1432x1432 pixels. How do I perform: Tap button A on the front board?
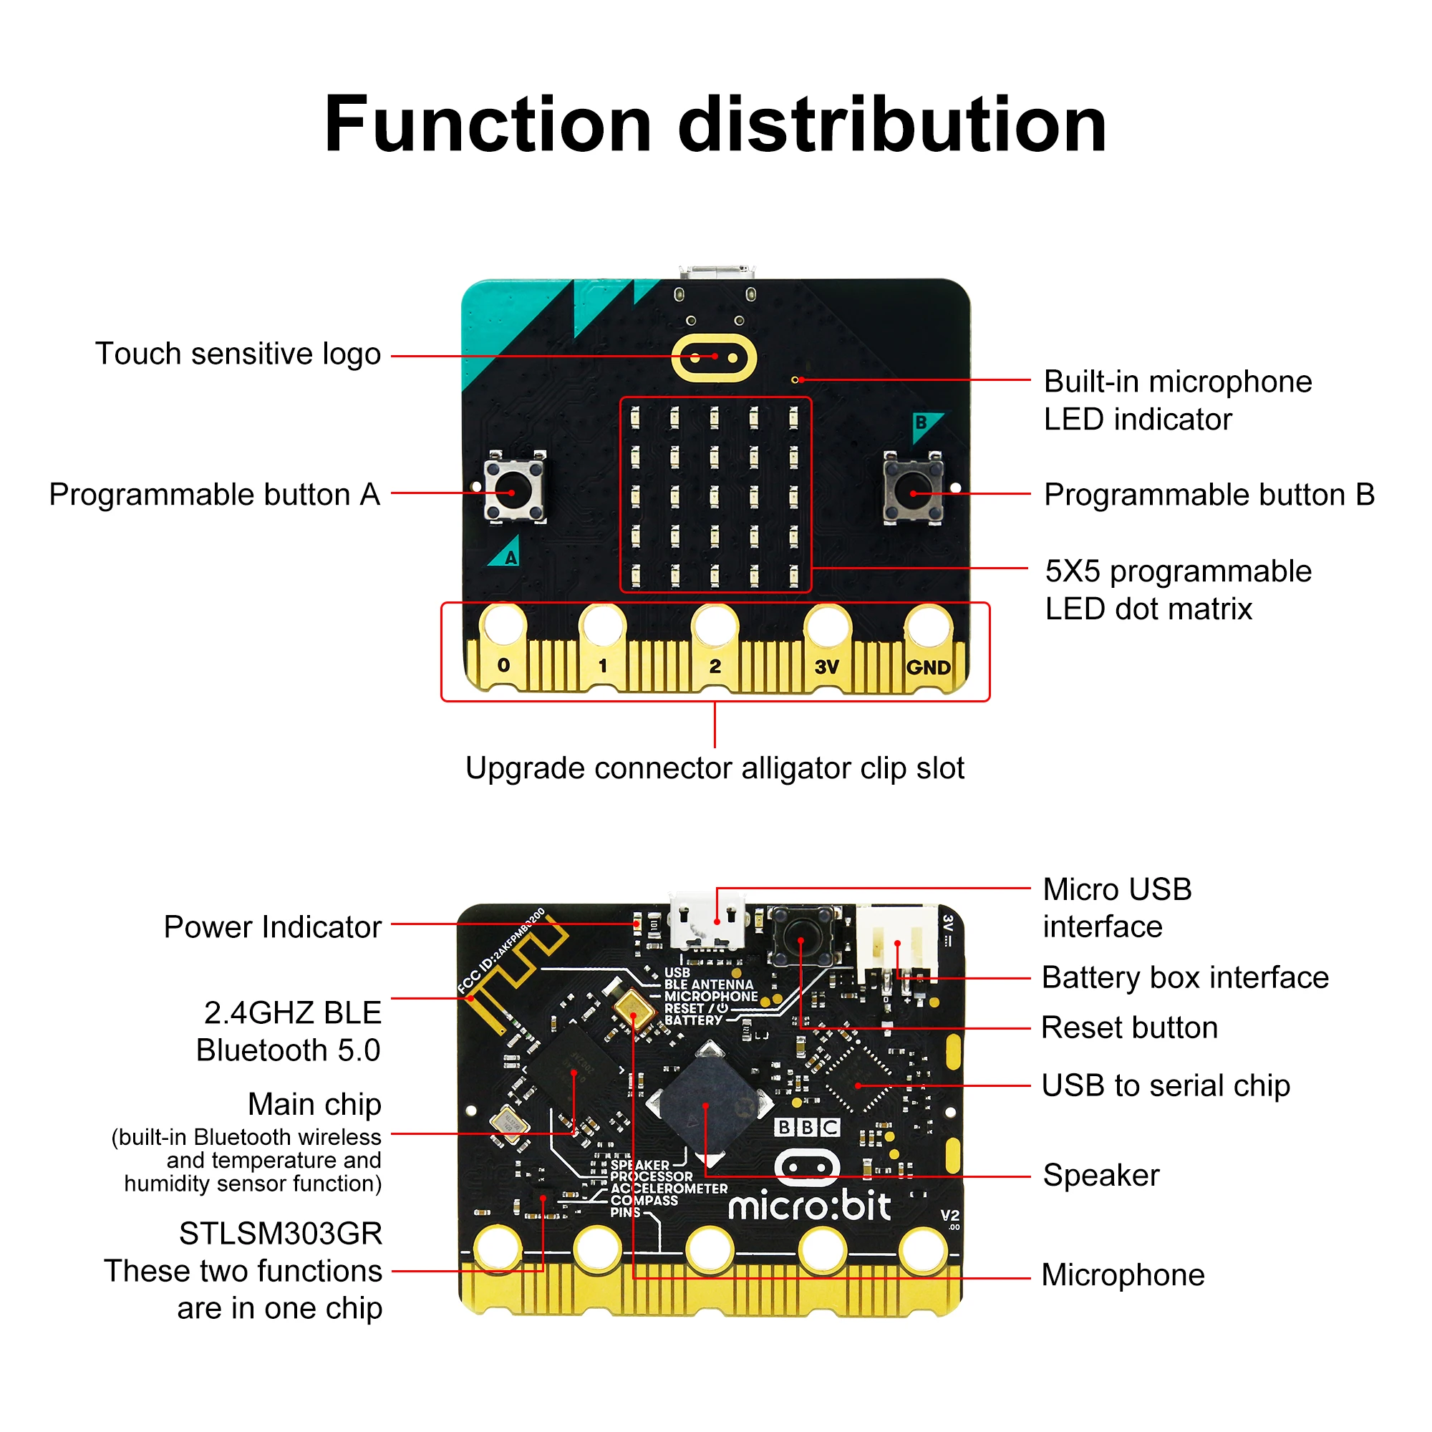[x=513, y=490]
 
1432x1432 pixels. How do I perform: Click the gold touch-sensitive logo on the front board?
[x=713, y=357]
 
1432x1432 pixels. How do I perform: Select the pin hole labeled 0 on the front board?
[x=503, y=624]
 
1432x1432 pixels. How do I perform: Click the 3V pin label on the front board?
[x=826, y=667]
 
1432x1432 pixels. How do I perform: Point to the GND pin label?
[x=928, y=667]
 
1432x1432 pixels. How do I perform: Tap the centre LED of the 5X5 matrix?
[x=714, y=496]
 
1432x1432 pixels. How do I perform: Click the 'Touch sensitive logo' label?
[x=238, y=354]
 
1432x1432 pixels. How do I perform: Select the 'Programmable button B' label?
[x=1209, y=494]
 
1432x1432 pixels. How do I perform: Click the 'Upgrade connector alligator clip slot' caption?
[x=715, y=768]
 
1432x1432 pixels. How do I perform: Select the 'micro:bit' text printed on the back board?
[x=808, y=1207]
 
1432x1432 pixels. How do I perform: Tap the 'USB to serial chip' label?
[x=1165, y=1085]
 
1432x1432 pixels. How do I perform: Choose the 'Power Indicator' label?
[x=273, y=927]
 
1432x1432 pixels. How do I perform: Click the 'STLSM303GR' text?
[x=280, y=1234]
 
